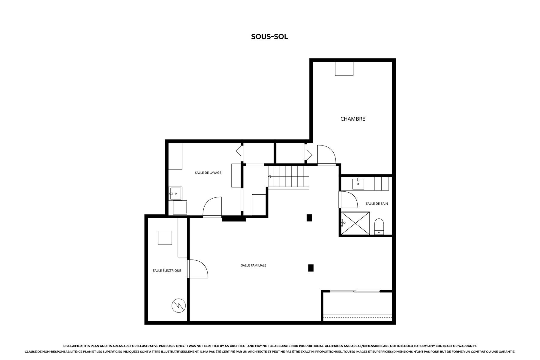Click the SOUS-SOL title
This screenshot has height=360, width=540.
point(270,37)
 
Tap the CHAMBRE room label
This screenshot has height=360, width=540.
point(353,119)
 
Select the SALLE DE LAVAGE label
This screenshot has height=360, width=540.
point(208,172)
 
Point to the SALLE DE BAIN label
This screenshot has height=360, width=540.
point(377,203)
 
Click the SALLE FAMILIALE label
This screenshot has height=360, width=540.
point(253,265)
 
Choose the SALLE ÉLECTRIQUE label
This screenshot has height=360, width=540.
point(167,271)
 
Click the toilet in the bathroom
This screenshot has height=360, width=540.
point(379,226)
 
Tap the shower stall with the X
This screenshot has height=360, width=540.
point(355,223)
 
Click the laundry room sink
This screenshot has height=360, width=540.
point(175,193)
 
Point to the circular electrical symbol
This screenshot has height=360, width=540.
point(178,306)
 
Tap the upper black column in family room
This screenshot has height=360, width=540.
point(309,217)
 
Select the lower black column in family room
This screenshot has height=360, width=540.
point(311,268)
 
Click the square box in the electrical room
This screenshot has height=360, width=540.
point(165,238)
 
